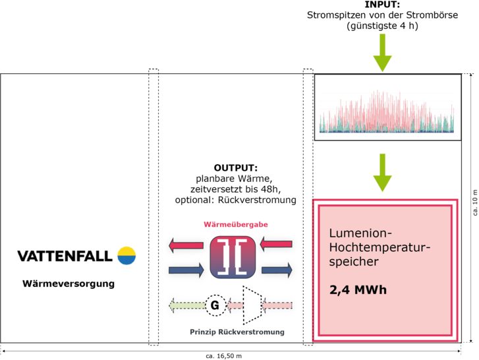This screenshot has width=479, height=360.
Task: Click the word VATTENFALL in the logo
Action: (65, 256)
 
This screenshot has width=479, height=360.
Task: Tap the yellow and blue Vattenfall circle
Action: (127, 256)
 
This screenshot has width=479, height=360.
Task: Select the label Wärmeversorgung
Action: (69, 284)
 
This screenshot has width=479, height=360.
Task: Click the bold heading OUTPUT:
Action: (235, 168)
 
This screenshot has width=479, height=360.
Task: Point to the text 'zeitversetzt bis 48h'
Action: (236, 189)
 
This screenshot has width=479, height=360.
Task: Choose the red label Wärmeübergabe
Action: (236, 225)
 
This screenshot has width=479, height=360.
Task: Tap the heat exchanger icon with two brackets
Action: (231, 256)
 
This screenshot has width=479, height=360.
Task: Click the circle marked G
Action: (214, 305)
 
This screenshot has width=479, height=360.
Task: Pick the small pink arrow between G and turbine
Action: (234, 305)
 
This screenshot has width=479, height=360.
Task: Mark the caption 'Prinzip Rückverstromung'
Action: (237, 332)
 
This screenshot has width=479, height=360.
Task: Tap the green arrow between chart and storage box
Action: (382, 173)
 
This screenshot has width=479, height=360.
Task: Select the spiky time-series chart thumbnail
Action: (387, 107)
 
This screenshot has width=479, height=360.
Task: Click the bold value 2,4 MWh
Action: (358, 289)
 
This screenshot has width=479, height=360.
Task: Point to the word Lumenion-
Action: (360, 233)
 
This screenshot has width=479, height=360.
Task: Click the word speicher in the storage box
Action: (353, 262)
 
